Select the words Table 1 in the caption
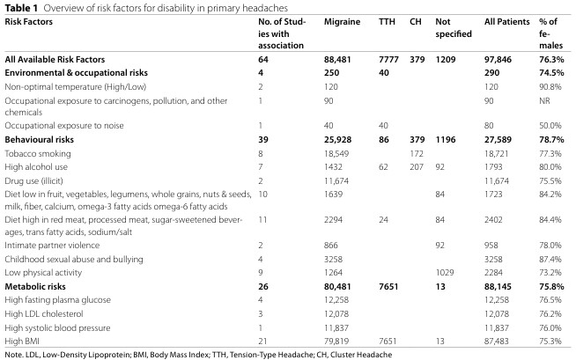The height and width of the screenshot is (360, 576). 17,7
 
